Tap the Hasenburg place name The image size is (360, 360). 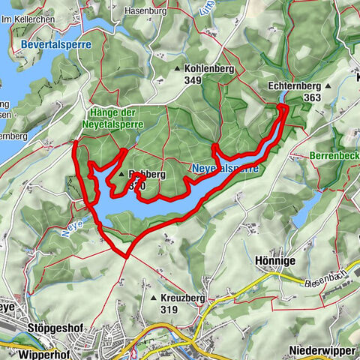[145, 11]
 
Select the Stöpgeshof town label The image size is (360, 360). [55, 328]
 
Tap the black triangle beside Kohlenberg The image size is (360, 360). [177, 69]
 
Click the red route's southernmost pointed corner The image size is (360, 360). [127, 256]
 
